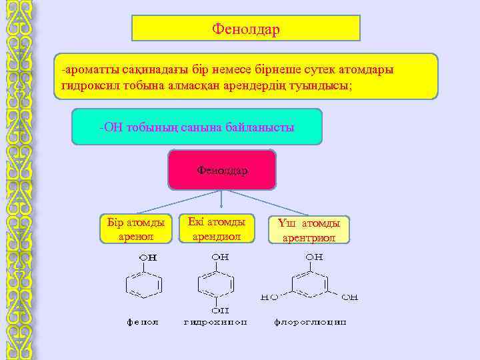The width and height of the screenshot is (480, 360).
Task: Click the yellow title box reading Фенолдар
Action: tap(245, 29)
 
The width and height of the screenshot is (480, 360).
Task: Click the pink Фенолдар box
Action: tap(222, 170)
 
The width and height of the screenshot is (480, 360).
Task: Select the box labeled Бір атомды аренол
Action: tap(135, 229)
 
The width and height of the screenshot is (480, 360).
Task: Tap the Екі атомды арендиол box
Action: tap(216, 228)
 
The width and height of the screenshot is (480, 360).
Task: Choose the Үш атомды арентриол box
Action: tap(308, 229)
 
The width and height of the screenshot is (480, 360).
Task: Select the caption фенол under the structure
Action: tap(143, 322)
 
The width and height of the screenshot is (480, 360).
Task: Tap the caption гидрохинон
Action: tap(215, 322)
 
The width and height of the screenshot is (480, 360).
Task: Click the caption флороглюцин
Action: tap(310, 322)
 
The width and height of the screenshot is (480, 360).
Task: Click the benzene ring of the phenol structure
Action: tap(144, 285)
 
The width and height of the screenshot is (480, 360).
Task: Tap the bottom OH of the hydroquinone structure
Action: tap(220, 310)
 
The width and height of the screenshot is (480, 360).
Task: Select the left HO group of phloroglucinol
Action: tap(269, 297)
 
